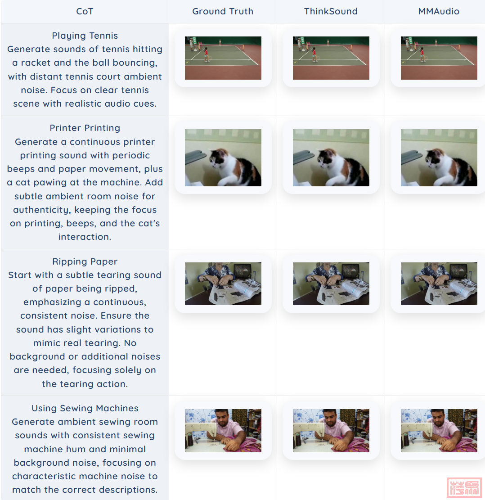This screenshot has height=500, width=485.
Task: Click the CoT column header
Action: (x=85, y=12)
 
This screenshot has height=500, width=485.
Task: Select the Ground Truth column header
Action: (x=223, y=12)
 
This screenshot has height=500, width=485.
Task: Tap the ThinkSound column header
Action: (x=331, y=12)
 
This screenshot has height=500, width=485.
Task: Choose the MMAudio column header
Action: (x=439, y=12)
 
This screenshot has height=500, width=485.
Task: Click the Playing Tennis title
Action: (x=85, y=36)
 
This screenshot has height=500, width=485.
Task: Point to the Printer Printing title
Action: (x=85, y=128)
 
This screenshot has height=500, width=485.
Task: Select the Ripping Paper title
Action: (x=85, y=261)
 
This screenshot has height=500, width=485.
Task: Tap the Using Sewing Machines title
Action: (x=85, y=408)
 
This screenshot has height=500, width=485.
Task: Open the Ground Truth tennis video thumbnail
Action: (x=223, y=58)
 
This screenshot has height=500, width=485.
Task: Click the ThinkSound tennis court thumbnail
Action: (x=331, y=58)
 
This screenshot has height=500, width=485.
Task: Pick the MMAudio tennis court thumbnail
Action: (x=439, y=58)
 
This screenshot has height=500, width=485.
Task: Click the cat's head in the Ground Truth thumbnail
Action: (x=217, y=158)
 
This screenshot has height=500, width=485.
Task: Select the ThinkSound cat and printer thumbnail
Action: (x=331, y=158)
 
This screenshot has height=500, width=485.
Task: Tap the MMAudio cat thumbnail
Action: (x=439, y=158)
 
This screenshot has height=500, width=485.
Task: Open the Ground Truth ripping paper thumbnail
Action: (x=223, y=284)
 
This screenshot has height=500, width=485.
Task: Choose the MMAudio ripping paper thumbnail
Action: (x=439, y=284)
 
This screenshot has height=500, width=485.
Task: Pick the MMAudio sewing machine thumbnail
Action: (x=439, y=431)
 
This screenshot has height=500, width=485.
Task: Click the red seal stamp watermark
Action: (x=465, y=487)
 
